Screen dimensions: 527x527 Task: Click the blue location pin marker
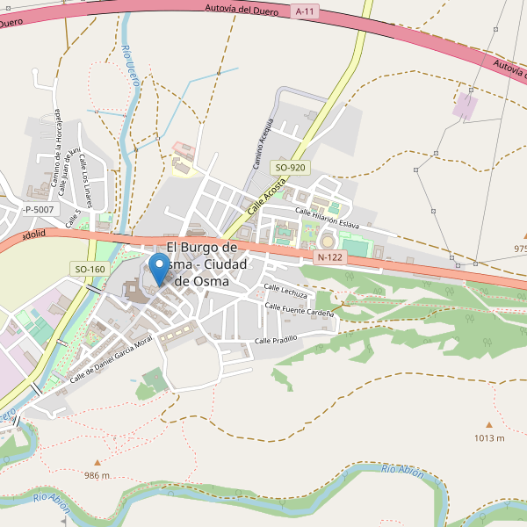pyautogui.click(x=158, y=267)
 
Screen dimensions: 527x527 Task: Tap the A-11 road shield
pyautogui.click(x=305, y=11)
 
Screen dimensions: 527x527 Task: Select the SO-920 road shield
pyautogui.click(x=290, y=167)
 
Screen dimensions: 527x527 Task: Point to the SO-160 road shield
pyautogui.click(x=90, y=269)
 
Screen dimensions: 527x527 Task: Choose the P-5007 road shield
pyautogui.click(x=39, y=209)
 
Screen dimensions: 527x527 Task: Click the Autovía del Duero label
pyautogui.click(x=241, y=10)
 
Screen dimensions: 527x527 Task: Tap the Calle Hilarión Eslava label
pyautogui.click(x=327, y=217)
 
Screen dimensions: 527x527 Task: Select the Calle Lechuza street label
pyautogui.click(x=286, y=291)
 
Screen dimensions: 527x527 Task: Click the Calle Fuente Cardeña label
pyautogui.click(x=300, y=309)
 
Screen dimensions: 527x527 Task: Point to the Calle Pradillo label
pyautogui.click(x=276, y=339)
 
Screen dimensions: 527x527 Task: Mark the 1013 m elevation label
pyautogui.click(x=489, y=437)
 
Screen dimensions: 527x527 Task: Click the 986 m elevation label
pyautogui.click(x=97, y=475)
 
